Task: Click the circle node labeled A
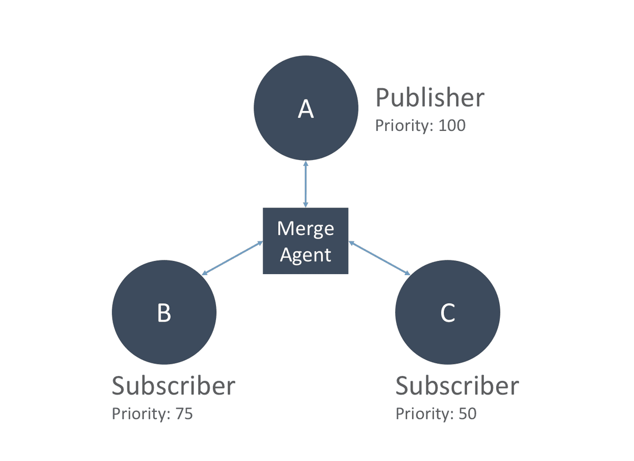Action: coord(306,108)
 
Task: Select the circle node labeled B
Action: coord(164,312)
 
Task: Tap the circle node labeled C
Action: coord(448,312)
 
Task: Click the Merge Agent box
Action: coord(306,241)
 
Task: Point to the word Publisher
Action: coord(430,98)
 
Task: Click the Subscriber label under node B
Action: coord(173,386)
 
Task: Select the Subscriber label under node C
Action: coord(457,386)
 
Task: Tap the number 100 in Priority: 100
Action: coord(452,125)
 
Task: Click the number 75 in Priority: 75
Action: coord(184,414)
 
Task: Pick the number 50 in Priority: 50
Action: coord(468,414)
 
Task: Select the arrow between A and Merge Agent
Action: coord(306,184)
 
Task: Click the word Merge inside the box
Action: coord(306,229)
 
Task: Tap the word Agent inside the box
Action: coord(306,255)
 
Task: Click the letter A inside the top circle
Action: coord(306,109)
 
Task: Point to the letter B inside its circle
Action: coord(164,313)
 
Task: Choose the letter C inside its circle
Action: coord(448,313)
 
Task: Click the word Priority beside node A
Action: coord(404,126)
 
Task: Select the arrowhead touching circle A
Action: coord(306,164)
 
